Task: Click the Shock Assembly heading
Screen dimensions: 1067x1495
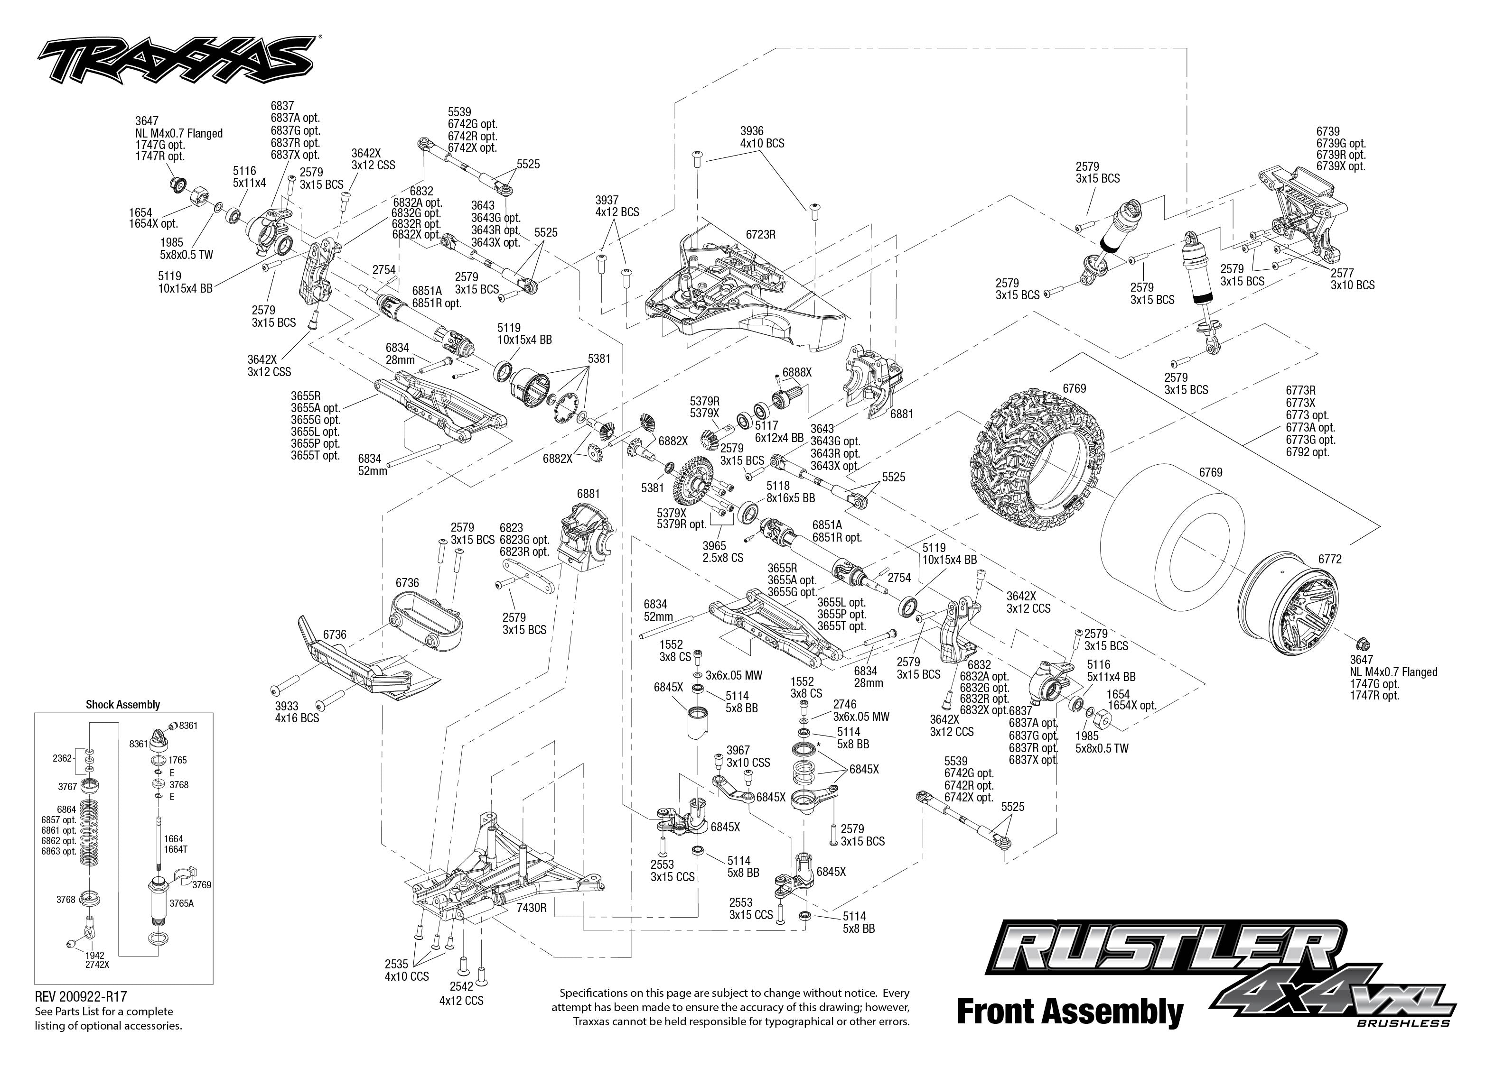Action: [123, 704]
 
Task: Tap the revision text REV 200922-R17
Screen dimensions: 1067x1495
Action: [80, 997]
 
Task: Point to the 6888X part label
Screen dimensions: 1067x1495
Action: [797, 372]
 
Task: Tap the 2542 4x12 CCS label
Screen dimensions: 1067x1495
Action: [461, 993]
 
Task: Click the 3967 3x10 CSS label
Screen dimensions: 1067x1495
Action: [748, 756]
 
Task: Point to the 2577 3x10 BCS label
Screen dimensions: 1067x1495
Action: [1352, 278]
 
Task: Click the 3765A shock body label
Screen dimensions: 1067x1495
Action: [181, 903]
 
